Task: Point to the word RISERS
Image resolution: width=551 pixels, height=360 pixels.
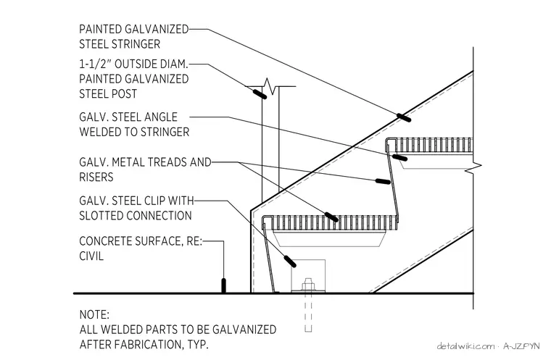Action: coord(96,177)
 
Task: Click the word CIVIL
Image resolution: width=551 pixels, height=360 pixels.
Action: coord(91,256)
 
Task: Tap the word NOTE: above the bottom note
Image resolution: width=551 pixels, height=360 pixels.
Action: coord(94,314)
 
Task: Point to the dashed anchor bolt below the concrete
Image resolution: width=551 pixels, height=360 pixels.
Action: coord(308,313)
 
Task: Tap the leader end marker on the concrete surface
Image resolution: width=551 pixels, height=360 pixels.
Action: coord(223,285)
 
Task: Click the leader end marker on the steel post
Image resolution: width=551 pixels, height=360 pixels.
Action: coord(260,93)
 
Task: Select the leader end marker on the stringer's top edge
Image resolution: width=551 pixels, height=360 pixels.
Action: coord(404,117)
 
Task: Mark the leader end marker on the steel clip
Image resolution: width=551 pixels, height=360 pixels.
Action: coord(289,261)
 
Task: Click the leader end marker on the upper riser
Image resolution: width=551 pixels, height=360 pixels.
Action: coord(383,182)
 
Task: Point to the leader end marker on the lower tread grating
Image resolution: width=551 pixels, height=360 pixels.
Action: coord(331,217)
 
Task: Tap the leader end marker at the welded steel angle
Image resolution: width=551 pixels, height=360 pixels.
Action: coord(399,158)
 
